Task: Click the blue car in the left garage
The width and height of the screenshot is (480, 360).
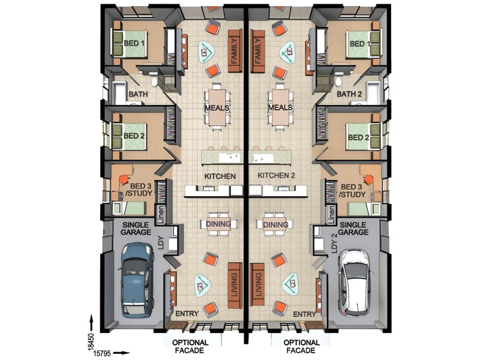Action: click(137, 280)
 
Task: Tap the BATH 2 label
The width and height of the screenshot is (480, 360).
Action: click(349, 94)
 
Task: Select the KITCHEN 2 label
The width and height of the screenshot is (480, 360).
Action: click(276, 175)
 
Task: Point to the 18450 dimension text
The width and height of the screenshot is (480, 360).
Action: click(91, 341)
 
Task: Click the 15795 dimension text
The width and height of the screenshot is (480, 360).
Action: click(102, 353)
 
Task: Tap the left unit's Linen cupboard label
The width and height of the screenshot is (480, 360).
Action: click(161, 214)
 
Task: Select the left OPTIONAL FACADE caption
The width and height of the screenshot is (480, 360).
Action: click(190, 346)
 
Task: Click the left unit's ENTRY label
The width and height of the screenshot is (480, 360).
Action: click(187, 314)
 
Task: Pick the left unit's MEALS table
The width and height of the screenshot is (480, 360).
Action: click(217, 107)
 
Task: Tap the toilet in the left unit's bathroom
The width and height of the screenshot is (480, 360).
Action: click(155, 82)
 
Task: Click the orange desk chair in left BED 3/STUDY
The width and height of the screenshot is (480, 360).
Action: click(124, 179)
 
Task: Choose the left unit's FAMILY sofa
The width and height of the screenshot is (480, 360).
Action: click(235, 51)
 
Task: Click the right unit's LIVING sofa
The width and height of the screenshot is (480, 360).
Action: click(257, 285)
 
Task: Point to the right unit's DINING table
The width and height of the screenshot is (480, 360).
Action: click(275, 224)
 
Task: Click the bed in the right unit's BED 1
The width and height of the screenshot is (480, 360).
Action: click(363, 44)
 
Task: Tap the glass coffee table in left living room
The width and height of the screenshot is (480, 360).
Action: click(203, 286)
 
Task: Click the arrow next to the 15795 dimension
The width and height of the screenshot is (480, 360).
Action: click(122, 353)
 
